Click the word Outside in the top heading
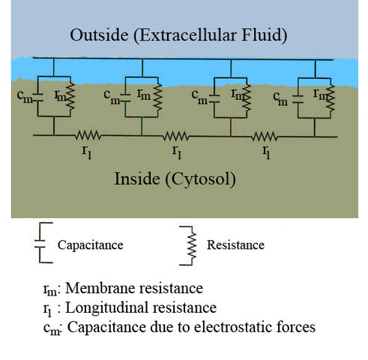[96, 36]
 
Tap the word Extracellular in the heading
[171, 36]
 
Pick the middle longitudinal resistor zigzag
[177, 136]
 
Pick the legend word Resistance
[235, 244]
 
